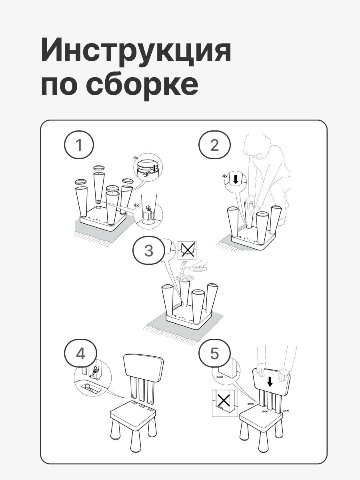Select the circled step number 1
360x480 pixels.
pyautogui.click(x=79, y=145)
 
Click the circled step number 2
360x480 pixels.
pyautogui.click(x=214, y=145)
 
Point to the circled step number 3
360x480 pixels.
pyautogui.click(x=149, y=250)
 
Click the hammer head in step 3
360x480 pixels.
pyautogui.click(x=185, y=267)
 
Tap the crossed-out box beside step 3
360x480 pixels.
pyautogui.click(x=187, y=250)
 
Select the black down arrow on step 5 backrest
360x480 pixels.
pyautogui.click(x=270, y=382)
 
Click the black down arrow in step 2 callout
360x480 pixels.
pyautogui.click(x=236, y=180)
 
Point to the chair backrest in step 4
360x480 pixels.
pyautogui.click(x=144, y=366)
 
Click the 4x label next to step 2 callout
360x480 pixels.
pyautogui.click(x=225, y=176)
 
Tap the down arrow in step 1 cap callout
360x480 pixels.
pyautogui.click(x=154, y=168)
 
